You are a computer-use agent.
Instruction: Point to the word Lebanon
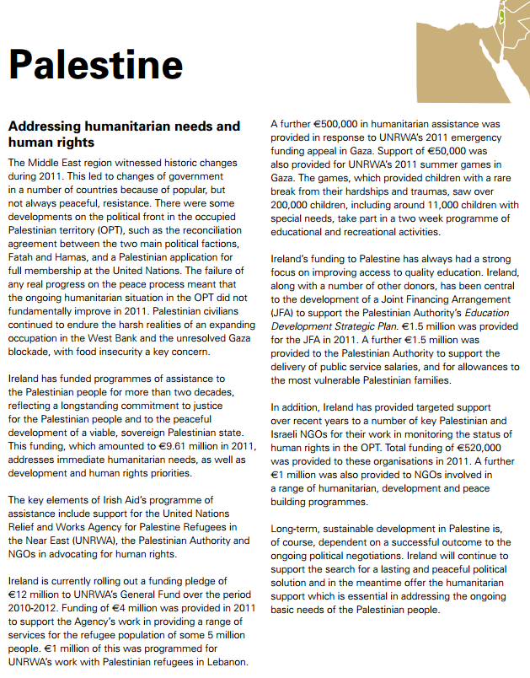point(222,663)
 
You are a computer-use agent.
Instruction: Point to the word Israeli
point(288,435)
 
